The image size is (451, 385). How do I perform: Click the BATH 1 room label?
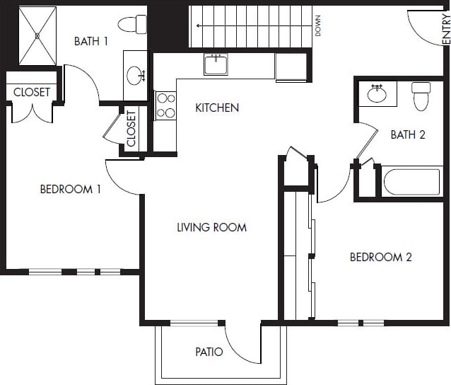tap(91, 41)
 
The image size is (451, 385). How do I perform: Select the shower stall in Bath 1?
tap(37, 35)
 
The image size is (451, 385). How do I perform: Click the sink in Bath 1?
tap(135, 74)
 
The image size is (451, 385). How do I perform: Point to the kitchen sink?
tap(216, 64)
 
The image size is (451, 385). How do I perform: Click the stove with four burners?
tap(165, 105)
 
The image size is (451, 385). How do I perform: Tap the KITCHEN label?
tap(217, 108)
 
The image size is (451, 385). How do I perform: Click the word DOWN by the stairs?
tap(318, 26)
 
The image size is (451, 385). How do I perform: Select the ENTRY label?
tap(445, 29)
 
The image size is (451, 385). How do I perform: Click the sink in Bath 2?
tap(377, 93)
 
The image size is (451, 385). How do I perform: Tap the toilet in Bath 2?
tap(421, 96)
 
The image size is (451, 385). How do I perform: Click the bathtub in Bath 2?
tap(411, 181)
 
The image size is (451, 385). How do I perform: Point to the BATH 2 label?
tap(408, 134)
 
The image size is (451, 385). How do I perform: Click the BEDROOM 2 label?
tap(380, 257)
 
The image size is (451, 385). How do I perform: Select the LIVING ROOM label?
tap(211, 227)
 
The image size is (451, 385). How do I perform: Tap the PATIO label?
tap(209, 352)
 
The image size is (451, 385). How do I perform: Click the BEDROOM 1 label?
tap(70, 189)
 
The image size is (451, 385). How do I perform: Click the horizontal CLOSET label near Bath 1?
tap(32, 92)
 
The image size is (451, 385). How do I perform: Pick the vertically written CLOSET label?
tap(131, 129)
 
